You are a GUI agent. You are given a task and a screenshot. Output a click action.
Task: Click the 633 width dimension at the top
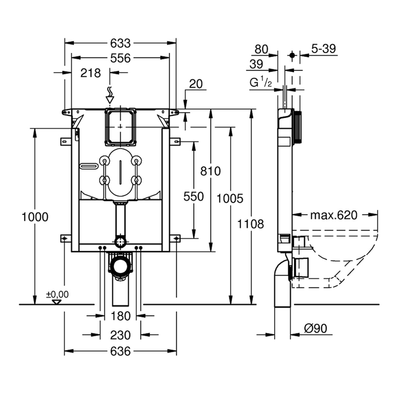120,43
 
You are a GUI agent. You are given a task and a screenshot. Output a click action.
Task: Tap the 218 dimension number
91,73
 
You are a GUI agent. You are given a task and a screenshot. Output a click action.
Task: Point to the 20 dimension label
195,84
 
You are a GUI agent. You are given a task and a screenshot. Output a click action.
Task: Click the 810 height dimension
210,171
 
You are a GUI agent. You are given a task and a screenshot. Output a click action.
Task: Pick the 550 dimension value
193,196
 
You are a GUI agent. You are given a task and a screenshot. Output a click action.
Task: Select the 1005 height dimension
230,199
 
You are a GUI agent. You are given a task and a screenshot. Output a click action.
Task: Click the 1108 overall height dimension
251,224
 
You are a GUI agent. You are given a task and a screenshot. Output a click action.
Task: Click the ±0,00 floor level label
57,294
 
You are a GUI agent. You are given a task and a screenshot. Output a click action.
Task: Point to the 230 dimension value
121,335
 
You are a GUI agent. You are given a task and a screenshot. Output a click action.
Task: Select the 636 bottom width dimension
121,351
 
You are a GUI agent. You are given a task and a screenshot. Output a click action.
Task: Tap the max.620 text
334,215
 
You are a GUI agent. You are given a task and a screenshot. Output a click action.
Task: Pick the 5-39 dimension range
323,49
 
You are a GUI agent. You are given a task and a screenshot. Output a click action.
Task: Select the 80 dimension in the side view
261,49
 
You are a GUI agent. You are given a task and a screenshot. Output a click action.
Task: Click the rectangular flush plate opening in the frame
121,127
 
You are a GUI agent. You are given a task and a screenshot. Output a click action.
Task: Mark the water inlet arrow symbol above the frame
109,94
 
